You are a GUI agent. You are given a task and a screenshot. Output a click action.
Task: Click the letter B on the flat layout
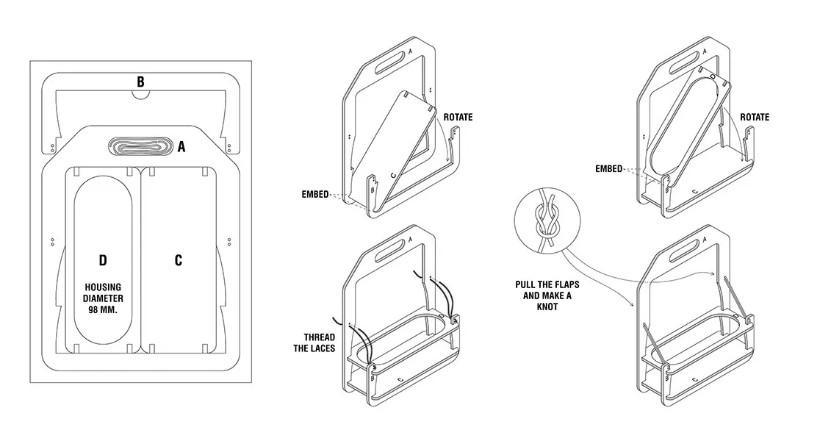[x=140, y=81]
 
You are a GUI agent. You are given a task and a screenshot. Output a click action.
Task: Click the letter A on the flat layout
[x=181, y=147]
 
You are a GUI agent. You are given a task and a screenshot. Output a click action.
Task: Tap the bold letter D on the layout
[x=103, y=260]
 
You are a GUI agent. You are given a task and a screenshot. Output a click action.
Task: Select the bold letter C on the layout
[x=179, y=260]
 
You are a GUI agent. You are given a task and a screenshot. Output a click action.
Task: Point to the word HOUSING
[x=103, y=287]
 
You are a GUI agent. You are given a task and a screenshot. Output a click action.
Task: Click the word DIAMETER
[x=103, y=298]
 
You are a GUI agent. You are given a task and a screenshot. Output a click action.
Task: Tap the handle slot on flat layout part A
[x=138, y=146]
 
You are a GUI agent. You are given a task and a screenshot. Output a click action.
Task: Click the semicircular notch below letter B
[x=140, y=93]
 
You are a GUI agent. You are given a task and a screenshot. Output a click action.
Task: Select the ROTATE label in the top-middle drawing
[x=458, y=118]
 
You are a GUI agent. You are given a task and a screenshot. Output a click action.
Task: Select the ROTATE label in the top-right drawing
[x=755, y=118]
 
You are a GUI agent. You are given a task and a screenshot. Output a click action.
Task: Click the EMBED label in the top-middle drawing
[x=314, y=195]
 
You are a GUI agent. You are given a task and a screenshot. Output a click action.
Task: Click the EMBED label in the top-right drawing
[x=608, y=169]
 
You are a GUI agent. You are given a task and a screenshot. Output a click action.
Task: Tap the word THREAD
[x=319, y=337]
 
